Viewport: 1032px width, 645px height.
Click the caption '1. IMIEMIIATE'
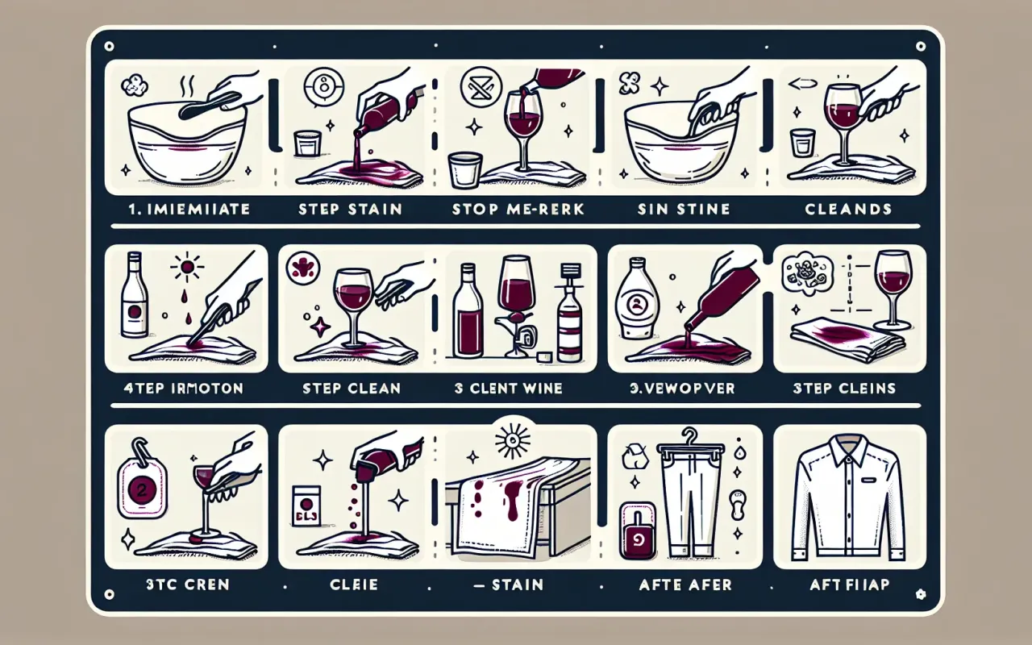coord(191,209)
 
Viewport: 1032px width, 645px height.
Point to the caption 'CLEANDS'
coord(847,209)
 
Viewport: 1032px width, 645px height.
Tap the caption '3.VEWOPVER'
coord(682,388)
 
